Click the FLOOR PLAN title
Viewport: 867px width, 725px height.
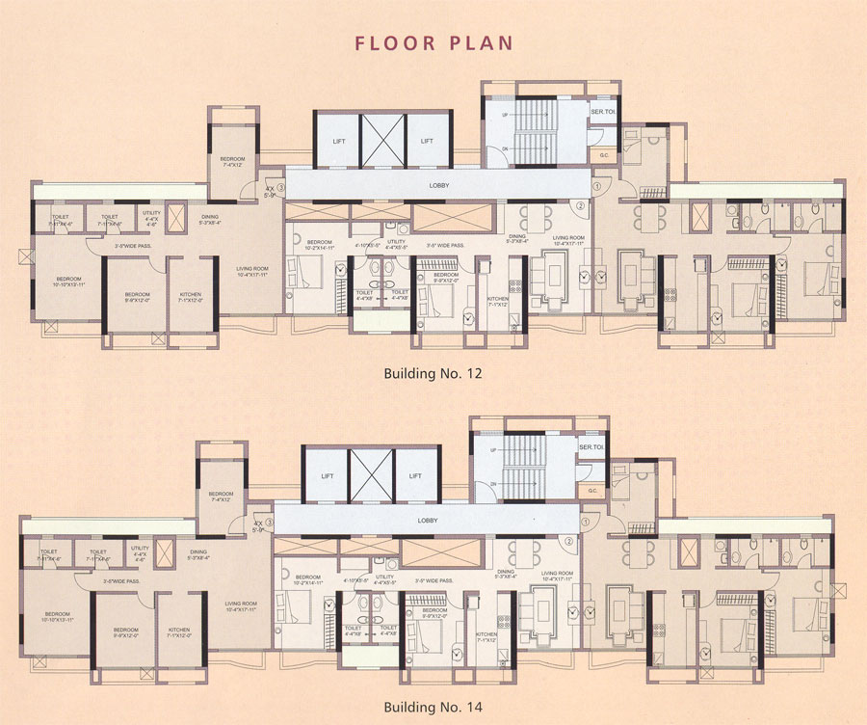(x=433, y=42)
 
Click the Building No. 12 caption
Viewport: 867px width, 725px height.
(x=433, y=372)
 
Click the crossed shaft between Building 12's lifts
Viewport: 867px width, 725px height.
(x=382, y=142)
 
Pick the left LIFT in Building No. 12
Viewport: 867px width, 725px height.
(x=338, y=142)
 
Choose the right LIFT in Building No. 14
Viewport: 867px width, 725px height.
(x=414, y=476)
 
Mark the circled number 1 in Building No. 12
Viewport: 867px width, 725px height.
(x=597, y=186)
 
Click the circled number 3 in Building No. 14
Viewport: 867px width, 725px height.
(x=271, y=524)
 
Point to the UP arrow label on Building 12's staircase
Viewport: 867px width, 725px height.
(x=503, y=115)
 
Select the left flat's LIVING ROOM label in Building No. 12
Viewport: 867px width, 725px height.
(x=251, y=272)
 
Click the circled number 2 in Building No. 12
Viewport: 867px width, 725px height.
(x=581, y=204)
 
